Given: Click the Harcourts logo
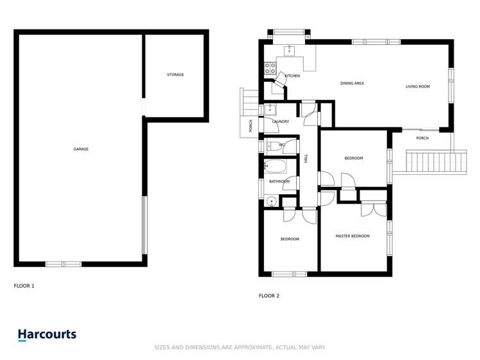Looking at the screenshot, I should tap(47, 334).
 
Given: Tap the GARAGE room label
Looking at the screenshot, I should tap(81, 149).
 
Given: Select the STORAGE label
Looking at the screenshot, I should tap(176, 75).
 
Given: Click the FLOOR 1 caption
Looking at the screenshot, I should tap(24, 286).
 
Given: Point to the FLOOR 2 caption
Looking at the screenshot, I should tap(269, 296).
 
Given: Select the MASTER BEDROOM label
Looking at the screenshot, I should tap(352, 236).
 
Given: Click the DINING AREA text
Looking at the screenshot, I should tap(352, 83).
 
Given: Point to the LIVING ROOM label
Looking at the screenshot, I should tap(417, 86).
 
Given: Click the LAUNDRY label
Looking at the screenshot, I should tap(281, 122).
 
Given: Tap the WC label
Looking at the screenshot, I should tap(282, 145).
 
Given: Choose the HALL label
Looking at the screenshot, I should tap(306, 158).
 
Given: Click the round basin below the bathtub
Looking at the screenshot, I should tap(271, 202).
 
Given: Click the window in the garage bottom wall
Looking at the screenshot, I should tap(63, 263).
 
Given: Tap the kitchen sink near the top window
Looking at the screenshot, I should tap(289, 49).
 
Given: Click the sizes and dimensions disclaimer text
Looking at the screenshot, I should tap(240, 347).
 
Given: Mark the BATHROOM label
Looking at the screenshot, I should tap(279, 182).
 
